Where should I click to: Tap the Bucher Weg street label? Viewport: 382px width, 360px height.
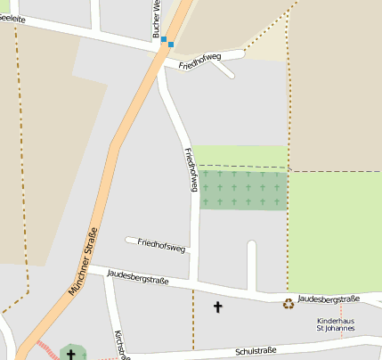point(156,18)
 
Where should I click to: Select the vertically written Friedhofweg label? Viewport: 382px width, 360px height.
point(190,169)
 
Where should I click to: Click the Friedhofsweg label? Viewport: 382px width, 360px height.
point(162,244)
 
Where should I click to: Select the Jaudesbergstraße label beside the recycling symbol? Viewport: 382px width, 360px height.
point(329,299)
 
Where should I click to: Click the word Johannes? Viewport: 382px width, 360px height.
point(341,329)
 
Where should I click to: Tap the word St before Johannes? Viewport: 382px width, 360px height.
point(321,329)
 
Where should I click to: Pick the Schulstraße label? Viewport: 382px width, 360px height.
point(257,352)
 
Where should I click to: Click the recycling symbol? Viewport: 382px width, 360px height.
point(289,304)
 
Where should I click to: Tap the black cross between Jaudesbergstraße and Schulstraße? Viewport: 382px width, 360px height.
point(217,307)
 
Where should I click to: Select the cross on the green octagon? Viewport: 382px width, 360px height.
point(71,354)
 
